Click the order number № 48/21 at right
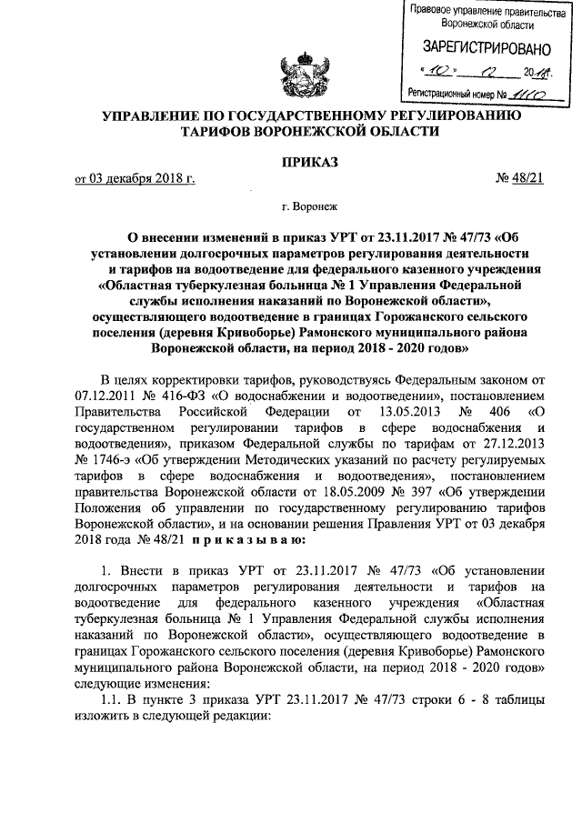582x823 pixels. coord(519,179)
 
